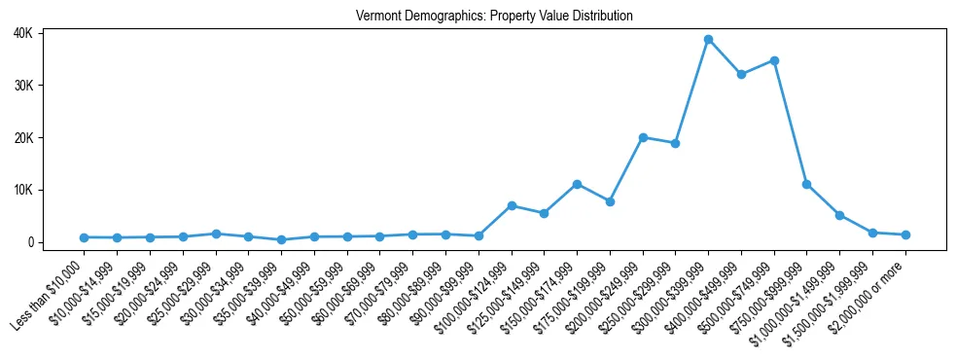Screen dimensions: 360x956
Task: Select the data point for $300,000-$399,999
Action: tap(709, 40)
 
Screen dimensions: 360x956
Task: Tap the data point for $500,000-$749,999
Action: tap(774, 60)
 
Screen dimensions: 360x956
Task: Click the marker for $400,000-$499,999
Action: tap(741, 74)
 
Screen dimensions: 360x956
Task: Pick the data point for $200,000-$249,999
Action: tap(643, 137)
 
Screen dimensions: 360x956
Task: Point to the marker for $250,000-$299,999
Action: tap(675, 143)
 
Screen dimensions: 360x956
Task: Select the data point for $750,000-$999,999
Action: tap(807, 184)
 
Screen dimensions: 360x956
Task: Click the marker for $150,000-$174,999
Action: tap(577, 184)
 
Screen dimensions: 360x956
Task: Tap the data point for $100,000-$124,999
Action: tap(512, 205)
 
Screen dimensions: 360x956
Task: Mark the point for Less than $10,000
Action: tap(85, 237)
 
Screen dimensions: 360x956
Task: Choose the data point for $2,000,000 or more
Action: tap(905, 234)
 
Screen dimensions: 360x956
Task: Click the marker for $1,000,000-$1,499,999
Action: tap(839, 215)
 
